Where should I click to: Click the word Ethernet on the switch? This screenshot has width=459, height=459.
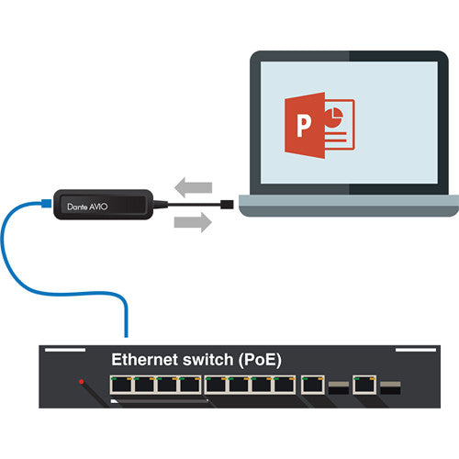coord(146,360)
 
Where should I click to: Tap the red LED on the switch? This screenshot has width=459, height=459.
coord(82,381)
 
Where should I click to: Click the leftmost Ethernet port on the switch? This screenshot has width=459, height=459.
coord(119,385)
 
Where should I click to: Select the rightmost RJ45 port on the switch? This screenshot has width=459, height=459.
coord(364,385)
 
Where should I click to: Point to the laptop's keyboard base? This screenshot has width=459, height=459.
coord(349,206)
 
